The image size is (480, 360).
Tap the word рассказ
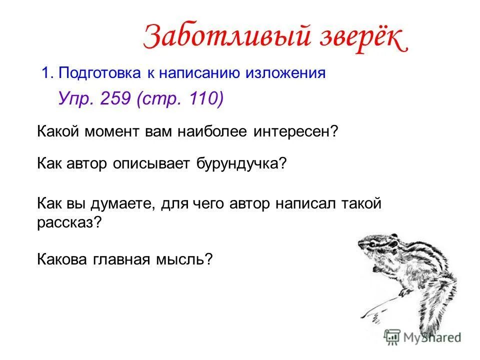pos(68,223)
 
